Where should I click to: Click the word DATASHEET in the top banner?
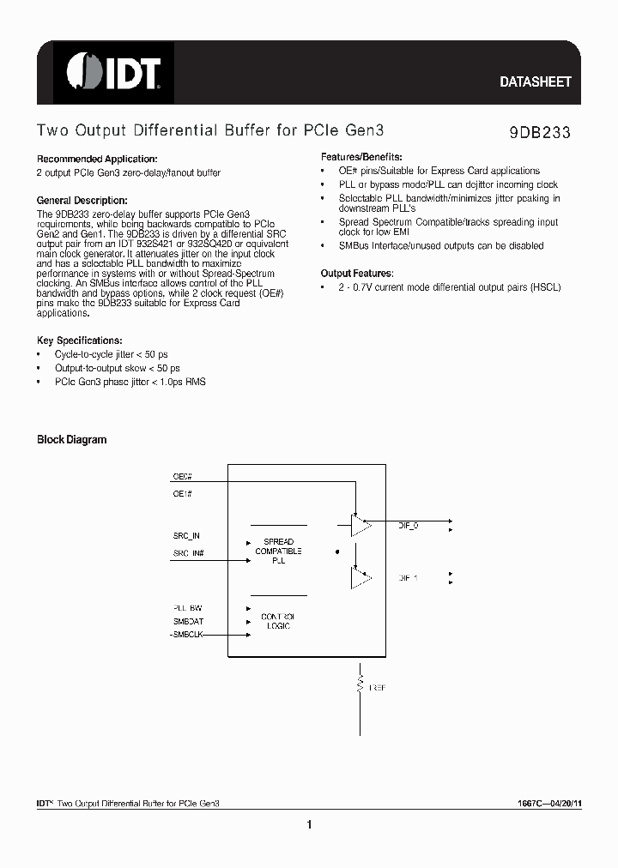(x=535, y=82)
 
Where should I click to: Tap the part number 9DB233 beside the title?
(x=534, y=133)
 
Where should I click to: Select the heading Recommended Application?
(x=97, y=160)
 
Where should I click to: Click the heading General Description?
(x=82, y=199)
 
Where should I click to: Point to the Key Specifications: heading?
(x=79, y=341)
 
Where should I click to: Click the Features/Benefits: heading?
(x=361, y=158)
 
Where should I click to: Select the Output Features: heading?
(x=356, y=274)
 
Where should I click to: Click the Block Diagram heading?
(x=71, y=440)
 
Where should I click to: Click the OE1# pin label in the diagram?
(x=182, y=495)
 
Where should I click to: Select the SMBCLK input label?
(x=188, y=634)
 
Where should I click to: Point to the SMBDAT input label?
(x=188, y=620)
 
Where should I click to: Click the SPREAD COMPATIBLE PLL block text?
(x=278, y=551)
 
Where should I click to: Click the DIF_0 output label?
(x=409, y=525)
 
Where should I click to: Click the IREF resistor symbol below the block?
(x=358, y=685)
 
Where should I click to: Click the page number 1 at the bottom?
(x=309, y=825)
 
